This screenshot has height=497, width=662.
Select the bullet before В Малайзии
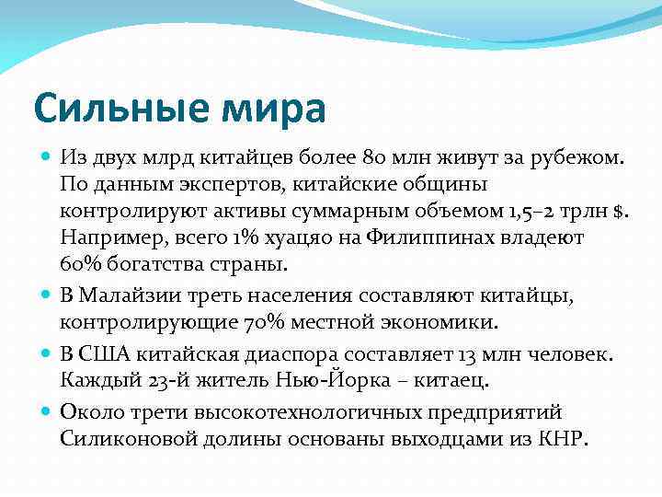[x=48, y=296]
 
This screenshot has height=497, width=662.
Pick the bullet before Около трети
[x=48, y=412]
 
